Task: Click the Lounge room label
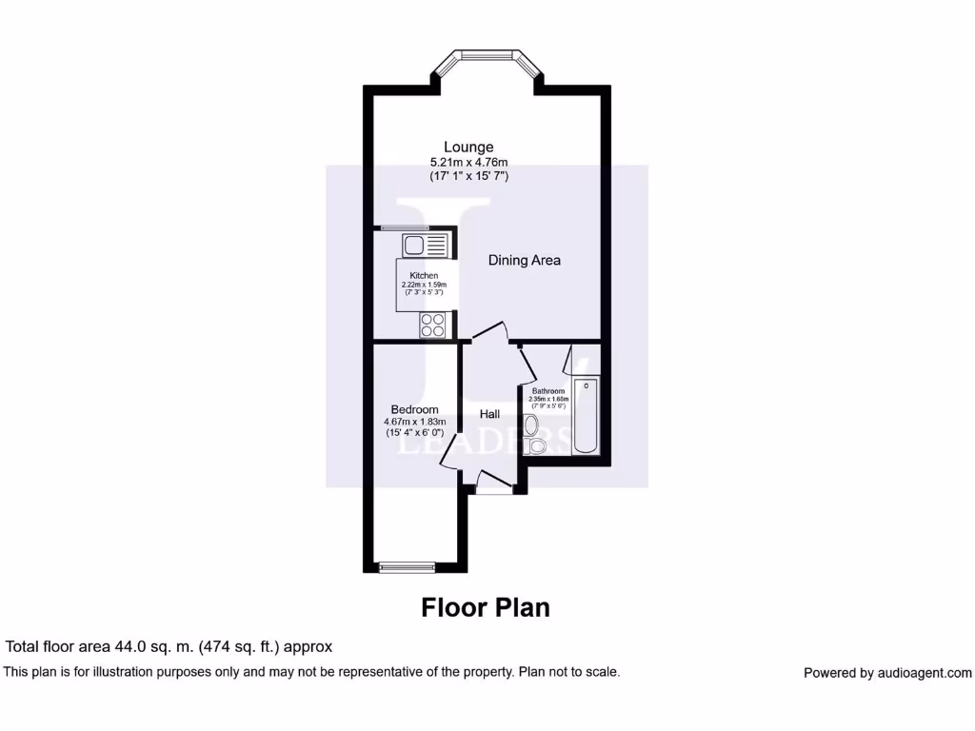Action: tap(468, 148)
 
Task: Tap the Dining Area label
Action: tap(524, 260)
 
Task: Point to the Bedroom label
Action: tap(414, 409)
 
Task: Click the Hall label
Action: tap(490, 414)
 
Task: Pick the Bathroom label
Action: tap(547, 391)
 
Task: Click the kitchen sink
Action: tap(423, 246)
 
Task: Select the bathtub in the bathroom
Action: tap(586, 416)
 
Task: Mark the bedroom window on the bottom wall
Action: tap(406, 568)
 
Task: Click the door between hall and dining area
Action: tap(489, 333)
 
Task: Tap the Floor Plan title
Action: tap(486, 607)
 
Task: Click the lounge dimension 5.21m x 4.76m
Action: tap(468, 162)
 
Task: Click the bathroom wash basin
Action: tap(531, 425)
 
